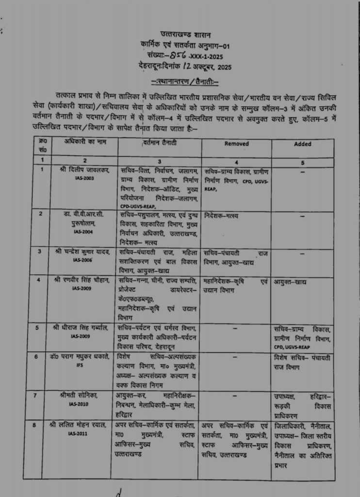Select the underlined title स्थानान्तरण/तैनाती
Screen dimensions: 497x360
click(185, 80)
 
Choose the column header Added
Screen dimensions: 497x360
click(303, 144)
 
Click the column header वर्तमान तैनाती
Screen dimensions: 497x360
click(160, 142)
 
